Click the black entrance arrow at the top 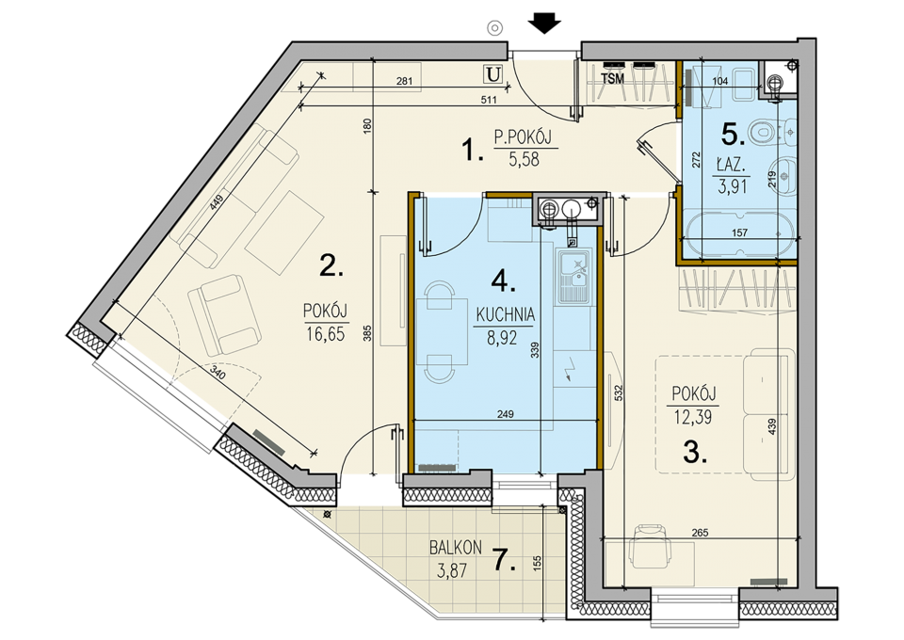coord(545,24)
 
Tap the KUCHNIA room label coord(505,315)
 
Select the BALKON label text coord(456,547)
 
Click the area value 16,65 coord(326,334)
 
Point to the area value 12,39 coord(692,417)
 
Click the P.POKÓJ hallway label coord(523,137)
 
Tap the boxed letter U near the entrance coord(492,73)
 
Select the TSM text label coord(612,79)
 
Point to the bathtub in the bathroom coord(739,232)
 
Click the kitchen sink coord(574,277)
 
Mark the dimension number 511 coord(489,100)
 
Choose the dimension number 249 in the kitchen coord(505,413)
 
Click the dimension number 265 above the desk coord(700,533)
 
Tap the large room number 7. coord(505,560)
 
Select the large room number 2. coord(331,265)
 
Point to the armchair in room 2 coord(223,314)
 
